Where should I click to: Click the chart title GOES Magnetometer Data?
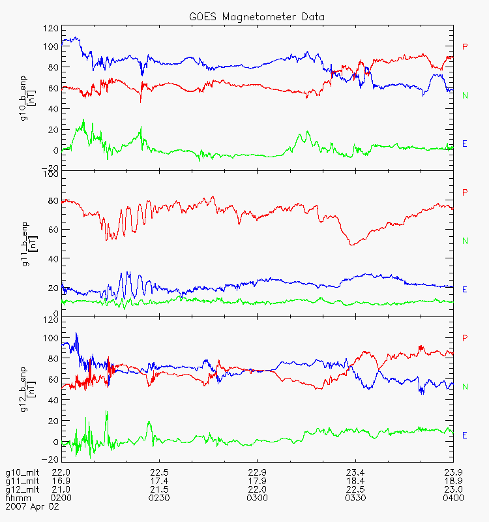click(257, 17)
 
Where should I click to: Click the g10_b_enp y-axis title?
click(27, 99)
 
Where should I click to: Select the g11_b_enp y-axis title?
click(29, 243)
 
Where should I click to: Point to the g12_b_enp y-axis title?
click(27, 390)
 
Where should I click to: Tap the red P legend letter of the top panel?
click(465, 46)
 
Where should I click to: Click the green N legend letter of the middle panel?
click(465, 241)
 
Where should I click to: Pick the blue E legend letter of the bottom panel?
click(465, 435)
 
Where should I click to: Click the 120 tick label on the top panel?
click(51, 28)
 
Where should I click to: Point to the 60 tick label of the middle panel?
click(53, 230)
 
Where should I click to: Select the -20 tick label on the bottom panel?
click(50, 459)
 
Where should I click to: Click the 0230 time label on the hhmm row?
click(159, 498)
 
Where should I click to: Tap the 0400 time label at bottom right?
click(453, 498)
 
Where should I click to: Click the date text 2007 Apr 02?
click(32, 507)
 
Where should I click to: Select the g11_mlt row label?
click(22, 482)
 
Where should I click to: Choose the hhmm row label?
click(18, 498)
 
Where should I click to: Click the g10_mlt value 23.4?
click(355, 472)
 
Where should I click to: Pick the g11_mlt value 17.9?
click(257, 481)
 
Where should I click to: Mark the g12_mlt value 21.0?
click(61, 490)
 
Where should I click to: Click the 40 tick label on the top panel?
click(53, 109)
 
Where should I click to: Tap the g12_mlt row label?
click(22, 490)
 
